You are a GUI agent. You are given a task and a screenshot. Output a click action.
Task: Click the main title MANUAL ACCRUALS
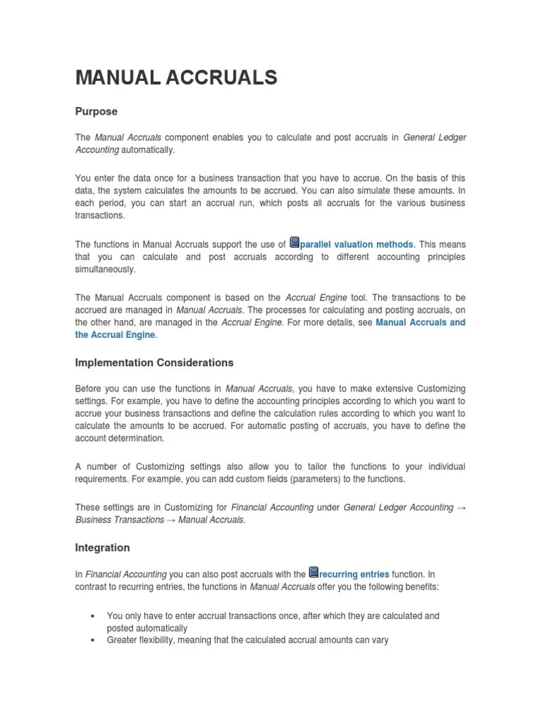pyautogui.click(x=176, y=77)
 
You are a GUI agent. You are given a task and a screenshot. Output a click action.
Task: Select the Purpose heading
pyautogui.click(x=97, y=112)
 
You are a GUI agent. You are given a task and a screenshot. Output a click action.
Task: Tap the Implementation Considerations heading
pyautogui.click(x=154, y=363)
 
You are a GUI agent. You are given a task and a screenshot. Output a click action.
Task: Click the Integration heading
pyautogui.click(x=102, y=547)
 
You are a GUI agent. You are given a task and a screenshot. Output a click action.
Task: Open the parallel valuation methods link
pyautogui.click(x=356, y=244)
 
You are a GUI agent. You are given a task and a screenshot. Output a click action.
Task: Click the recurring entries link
pyautogui.click(x=354, y=575)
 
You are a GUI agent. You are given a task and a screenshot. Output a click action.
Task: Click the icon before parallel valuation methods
pyautogui.click(x=294, y=243)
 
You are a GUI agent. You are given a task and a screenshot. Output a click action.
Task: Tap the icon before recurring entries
pyautogui.click(x=314, y=573)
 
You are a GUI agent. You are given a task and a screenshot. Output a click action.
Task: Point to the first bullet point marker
pyautogui.click(x=92, y=616)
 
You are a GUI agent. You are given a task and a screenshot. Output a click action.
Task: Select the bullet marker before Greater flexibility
pyautogui.click(x=92, y=641)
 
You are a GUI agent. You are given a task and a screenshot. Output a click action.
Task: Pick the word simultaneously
pyautogui.click(x=106, y=270)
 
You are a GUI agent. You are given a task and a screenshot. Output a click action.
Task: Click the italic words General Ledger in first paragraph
pyautogui.click(x=435, y=137)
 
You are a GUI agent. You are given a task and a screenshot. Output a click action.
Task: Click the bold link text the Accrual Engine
pyautogui.click(x=115, y=335)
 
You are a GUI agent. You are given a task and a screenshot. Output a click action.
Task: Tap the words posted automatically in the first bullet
pyautogui.click(x=147, y=628)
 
